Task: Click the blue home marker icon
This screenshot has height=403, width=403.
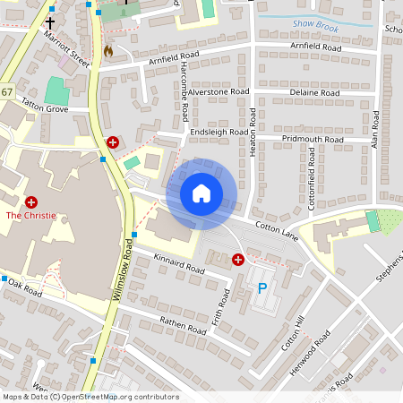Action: tap(201, 193)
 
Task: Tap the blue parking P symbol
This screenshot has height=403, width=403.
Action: tap(262, 288)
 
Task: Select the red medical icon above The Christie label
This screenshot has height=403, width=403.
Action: tap(31, 202)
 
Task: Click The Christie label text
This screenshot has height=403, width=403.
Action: tap(31, 216)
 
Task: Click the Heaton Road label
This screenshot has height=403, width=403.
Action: tap(253, 133)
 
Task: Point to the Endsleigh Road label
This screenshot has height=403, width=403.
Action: tap(219, 132)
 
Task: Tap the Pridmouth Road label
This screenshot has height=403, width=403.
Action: tap(313, 140)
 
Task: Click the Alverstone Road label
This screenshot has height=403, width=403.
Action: tap(219, 91)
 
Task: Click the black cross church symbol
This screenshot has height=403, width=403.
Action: tap(49, 22)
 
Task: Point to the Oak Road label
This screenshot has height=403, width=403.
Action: tap(21, 289)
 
